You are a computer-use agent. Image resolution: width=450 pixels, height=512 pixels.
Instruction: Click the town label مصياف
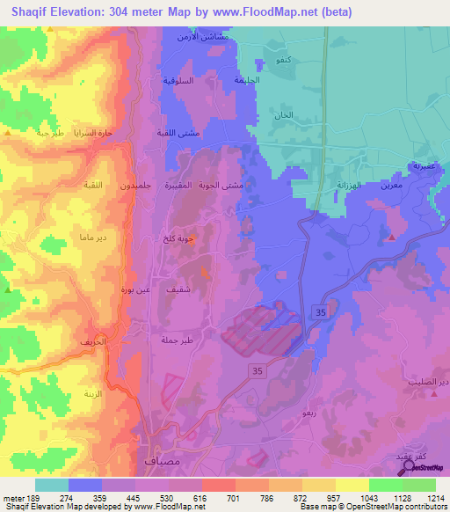[158, 460]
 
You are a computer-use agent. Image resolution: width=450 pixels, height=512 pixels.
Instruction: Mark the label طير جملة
[176, 340]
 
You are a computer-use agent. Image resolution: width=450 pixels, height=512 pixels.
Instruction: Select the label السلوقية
[178, 80]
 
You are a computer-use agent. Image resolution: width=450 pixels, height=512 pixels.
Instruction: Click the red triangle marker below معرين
[391, 238]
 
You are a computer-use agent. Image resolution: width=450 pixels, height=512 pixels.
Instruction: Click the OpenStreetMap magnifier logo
[406, 466]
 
